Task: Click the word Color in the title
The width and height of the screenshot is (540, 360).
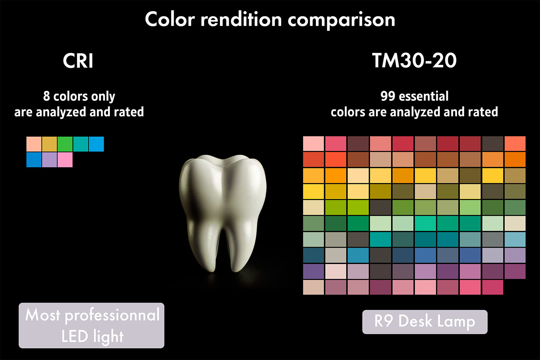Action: point(170,19)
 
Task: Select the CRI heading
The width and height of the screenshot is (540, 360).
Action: point(78,61)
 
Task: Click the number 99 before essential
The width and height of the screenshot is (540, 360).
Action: point(388,96)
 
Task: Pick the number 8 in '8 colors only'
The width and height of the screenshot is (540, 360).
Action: point(47,96)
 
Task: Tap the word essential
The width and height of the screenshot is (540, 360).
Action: point(424,96)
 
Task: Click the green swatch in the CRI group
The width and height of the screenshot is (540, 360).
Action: point(65,144)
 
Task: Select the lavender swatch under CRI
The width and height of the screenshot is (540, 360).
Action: point(49,160)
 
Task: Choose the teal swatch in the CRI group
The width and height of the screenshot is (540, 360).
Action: point(81,144)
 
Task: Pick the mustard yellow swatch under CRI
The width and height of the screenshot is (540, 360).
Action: point(49,144)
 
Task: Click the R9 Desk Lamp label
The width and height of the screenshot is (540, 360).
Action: point(425,322)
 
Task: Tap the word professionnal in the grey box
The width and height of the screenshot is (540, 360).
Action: point(112,315)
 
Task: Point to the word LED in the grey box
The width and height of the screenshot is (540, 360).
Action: point(74,336)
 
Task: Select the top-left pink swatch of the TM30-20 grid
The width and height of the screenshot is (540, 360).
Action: point(313,144)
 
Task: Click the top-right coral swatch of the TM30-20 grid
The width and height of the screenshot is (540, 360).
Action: point(515,144)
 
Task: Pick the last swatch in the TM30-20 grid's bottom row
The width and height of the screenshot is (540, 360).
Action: point(493,287)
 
